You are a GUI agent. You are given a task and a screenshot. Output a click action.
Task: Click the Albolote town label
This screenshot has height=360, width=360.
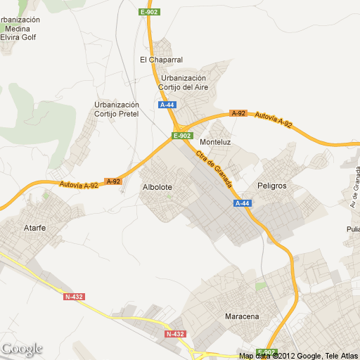[157, 187]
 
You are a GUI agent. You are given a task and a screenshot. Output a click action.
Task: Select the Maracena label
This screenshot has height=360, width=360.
[242, 316]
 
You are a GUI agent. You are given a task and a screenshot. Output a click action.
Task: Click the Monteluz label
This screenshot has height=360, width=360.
[216, 141]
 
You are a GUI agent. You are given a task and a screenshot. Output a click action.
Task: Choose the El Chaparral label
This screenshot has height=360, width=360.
[161, 59]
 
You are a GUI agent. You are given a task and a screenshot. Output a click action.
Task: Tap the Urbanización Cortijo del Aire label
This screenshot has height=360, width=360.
[183, 83]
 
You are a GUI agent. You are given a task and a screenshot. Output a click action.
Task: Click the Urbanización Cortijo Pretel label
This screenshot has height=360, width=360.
[117, 109]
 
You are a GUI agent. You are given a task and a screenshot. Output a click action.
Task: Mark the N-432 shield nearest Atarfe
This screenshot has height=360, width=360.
[74, 297]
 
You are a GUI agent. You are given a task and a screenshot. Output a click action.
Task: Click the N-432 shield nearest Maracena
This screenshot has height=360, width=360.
[175, 333]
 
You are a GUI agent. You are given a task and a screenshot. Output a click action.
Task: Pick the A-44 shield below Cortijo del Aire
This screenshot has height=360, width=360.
[167, 105]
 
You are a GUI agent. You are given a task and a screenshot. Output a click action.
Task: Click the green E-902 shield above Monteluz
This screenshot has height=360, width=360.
[181, 136]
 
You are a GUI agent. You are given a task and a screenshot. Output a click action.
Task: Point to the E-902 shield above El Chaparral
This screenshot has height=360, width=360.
[149, 12]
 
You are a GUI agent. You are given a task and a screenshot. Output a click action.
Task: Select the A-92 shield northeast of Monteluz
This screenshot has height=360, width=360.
[238, 113]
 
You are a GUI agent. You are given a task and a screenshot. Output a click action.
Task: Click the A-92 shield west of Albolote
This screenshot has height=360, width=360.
[113, 181]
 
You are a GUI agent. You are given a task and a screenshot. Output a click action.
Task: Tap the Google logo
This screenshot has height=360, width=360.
[22, 349]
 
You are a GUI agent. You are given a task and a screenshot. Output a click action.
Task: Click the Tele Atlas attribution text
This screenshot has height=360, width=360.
[340, 356]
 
